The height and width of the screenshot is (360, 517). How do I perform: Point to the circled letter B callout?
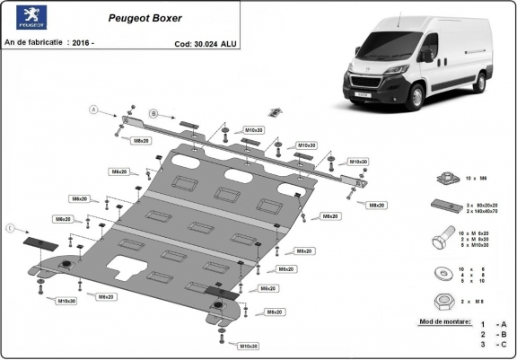153,114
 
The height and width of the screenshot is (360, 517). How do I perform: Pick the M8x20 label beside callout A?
141,140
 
